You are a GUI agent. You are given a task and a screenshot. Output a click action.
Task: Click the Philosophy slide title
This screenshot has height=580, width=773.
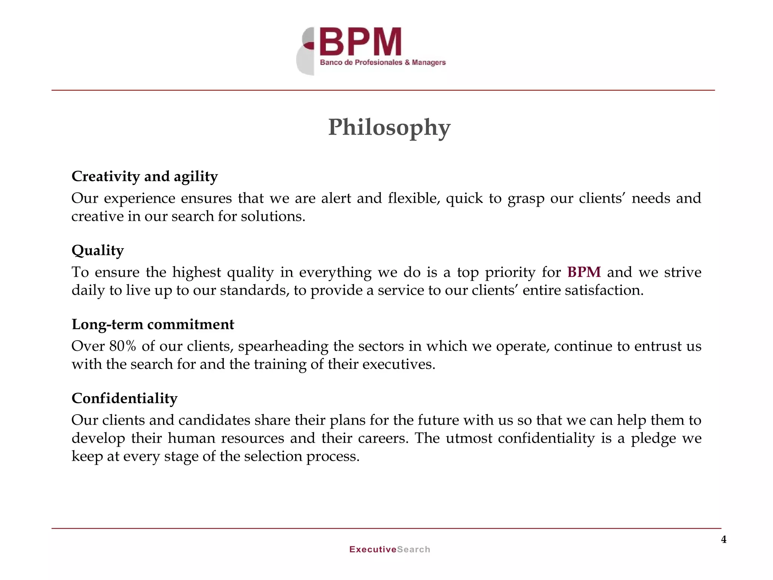click(389, 128)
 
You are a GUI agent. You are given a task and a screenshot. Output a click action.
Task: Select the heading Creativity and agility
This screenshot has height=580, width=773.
click(145, 177)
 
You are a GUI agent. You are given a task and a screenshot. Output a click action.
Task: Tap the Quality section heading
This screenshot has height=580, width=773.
click(98, 251)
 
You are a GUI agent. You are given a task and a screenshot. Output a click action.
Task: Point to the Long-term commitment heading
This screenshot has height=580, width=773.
click(153, 324)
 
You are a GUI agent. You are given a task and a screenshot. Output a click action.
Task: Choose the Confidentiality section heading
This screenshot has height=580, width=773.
click(125, 398)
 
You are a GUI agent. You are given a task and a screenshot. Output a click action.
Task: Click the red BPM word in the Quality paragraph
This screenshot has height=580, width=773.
click(584, 272)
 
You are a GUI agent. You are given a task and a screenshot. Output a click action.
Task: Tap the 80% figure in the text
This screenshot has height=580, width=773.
click(123, 346)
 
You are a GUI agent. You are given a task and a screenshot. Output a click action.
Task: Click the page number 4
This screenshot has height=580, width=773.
click(724, 540)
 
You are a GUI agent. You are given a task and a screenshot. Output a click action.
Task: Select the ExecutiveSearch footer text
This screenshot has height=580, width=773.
click(390, 549)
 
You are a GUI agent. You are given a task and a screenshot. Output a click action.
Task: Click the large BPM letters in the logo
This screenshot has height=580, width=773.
click(360, 42)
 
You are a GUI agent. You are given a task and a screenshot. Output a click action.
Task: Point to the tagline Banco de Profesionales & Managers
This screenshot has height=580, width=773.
click(383, 63)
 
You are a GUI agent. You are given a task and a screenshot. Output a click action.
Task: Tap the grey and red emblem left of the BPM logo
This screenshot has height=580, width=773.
click(306, 52)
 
